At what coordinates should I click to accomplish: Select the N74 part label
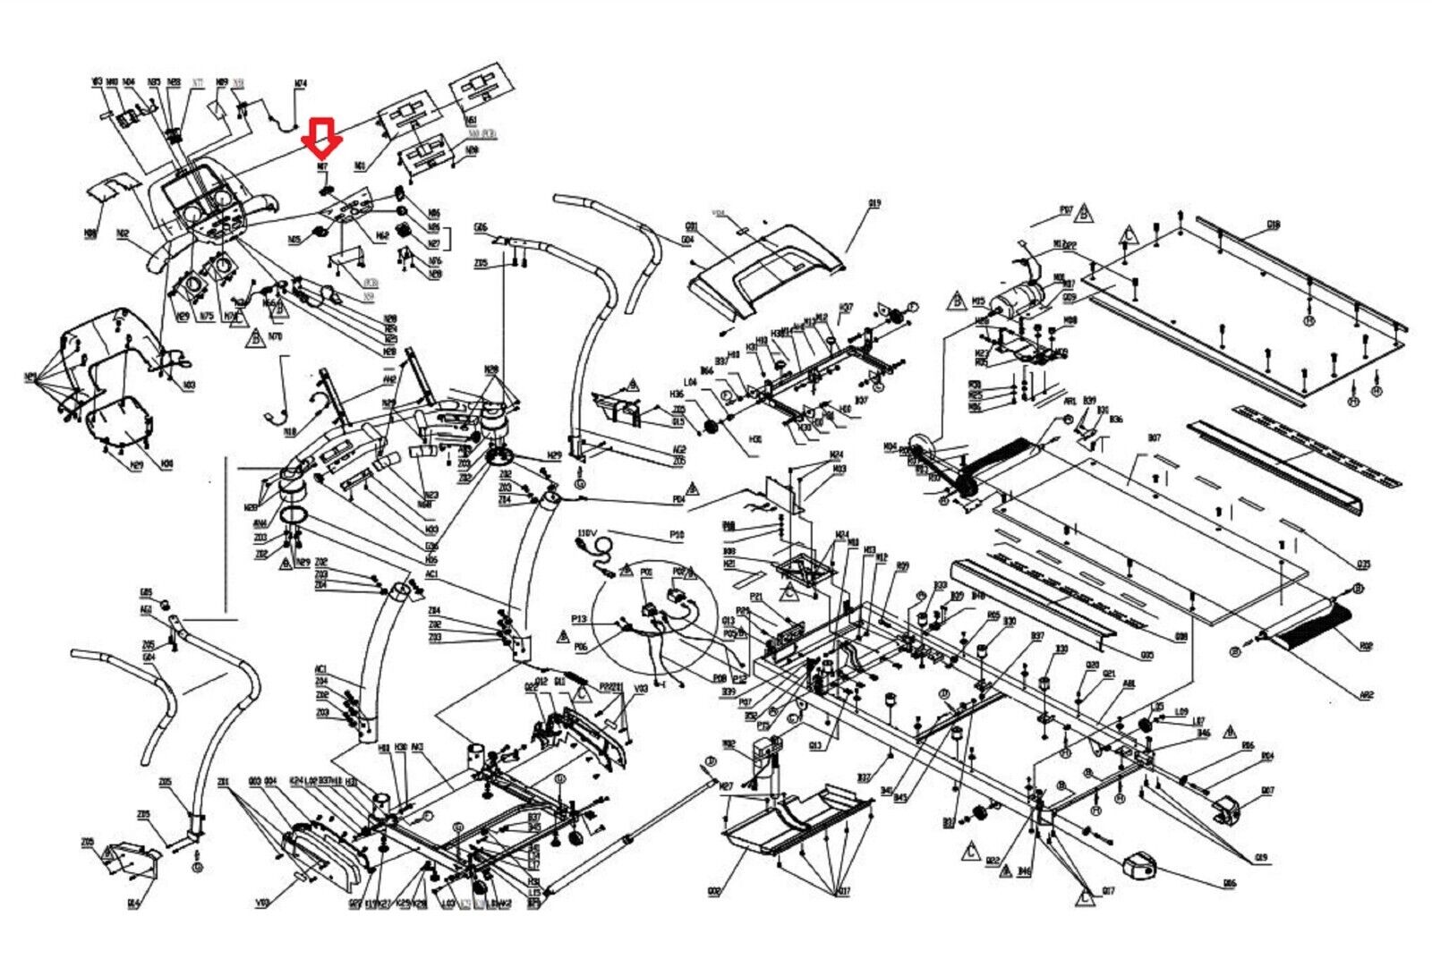(x=301, y=84)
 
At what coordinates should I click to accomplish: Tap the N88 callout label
(x=90, y=233)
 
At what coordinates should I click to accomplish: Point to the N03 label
(x=190, y=386)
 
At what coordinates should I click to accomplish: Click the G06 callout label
(x=481, y=227)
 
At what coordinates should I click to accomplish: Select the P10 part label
(x=677, y=535)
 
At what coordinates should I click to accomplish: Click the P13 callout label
(x=579, y=619)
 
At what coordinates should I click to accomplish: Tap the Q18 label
(x=1274, y=225)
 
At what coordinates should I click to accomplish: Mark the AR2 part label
(x=1366, y=694)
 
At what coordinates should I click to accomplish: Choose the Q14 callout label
(x=133, y=904)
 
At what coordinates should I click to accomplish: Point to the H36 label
(x=677, y=395)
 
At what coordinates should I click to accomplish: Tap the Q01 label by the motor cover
(x=691, y=226)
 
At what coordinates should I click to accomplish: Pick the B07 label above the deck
(x=1154, y=438)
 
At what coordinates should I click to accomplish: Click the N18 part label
(x=290, y=433)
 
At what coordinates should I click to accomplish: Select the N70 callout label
(x=275, y=336)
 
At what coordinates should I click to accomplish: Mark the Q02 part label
(x=713, y=891)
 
